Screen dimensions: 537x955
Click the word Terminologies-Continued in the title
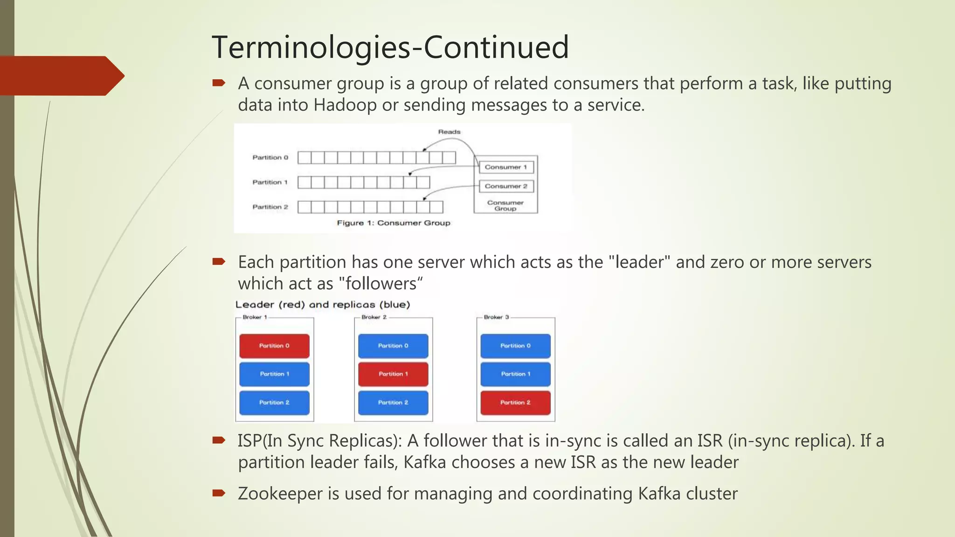coord(390,47)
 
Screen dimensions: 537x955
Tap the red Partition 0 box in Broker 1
coord(274,346)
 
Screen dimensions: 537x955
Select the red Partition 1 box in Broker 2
coord(393,374)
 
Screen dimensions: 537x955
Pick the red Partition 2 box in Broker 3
coord(515,403)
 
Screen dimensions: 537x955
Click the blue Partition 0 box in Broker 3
coord(515,346)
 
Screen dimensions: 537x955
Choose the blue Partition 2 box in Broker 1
coord(274,403)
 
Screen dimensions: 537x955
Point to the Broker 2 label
coord(374,317)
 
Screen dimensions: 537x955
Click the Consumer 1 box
coord(505,167)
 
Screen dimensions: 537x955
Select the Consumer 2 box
coord(505,186)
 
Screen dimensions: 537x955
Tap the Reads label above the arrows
coord(449,132)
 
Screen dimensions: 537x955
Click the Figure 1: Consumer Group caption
coord(394,223)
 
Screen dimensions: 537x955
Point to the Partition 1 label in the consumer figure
coord(270,182)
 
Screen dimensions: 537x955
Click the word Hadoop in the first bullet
coord(345,105)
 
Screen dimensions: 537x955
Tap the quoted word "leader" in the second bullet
coord(639,262)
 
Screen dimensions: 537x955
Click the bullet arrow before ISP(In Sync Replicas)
coord(219,440)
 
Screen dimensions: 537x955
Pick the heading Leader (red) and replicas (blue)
coord(323,305)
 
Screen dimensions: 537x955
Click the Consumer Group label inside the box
coord(505,206)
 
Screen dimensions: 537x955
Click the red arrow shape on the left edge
coord(61,76)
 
